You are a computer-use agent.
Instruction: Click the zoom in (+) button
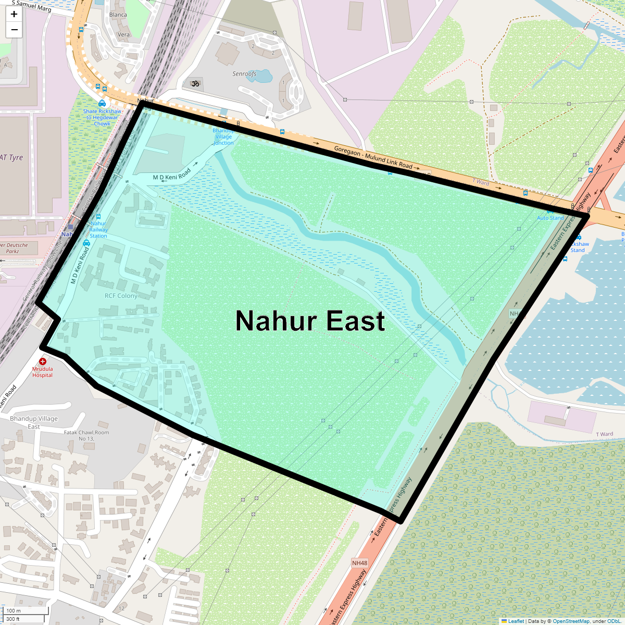pos(14,14)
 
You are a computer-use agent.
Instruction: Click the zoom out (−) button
pos(14,30)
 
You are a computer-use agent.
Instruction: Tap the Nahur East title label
pos(310,321)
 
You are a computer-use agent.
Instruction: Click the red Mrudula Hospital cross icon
pos(43,361)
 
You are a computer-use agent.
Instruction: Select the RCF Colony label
pos(121,296)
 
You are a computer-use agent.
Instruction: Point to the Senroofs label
pos(244,74)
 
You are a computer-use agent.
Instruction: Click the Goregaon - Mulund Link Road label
pos(373,157)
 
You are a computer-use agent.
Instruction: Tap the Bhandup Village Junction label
pos(223,136)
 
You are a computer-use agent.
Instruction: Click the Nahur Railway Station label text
pos(98,230)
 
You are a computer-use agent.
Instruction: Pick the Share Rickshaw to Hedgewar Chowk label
pos(102,117)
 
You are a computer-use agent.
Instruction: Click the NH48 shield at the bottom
pos(359,563)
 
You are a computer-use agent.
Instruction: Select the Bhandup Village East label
pos(34,422)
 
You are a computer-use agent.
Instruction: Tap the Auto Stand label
pos(551,218)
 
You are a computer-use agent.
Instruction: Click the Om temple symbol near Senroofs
pos(196,83)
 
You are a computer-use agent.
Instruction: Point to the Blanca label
pos(118,15)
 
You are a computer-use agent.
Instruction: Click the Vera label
pos(123,35)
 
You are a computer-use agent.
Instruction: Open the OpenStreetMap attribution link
pos(571,621)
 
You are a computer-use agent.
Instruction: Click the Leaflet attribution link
pos(516,621)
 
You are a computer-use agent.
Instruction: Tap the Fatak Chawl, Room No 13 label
pos(86,435)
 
